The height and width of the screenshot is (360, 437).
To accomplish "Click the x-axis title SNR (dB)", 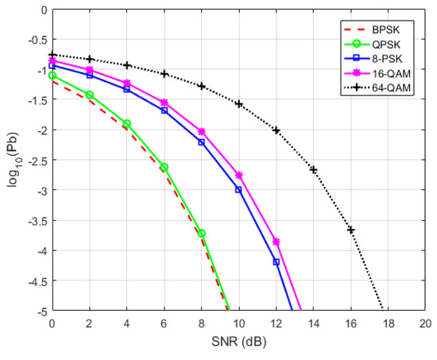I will (x=238, y=343).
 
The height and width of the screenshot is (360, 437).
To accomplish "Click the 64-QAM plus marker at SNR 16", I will (x=350, y=230).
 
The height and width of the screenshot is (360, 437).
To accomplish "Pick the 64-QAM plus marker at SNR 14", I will (x=313, y=169).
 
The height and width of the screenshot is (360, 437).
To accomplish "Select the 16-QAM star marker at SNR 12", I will (x=276, y=241).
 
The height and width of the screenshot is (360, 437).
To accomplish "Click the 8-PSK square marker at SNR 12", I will (x=276, y=261).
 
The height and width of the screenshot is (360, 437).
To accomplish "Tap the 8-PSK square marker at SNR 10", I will (x=238, y=189).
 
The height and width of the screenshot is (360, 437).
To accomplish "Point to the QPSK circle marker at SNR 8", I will (x=201, y=233).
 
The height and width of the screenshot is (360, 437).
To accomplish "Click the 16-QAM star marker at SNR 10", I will (x=238, y=175).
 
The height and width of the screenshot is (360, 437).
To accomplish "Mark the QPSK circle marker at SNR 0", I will (x=52, y=75).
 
